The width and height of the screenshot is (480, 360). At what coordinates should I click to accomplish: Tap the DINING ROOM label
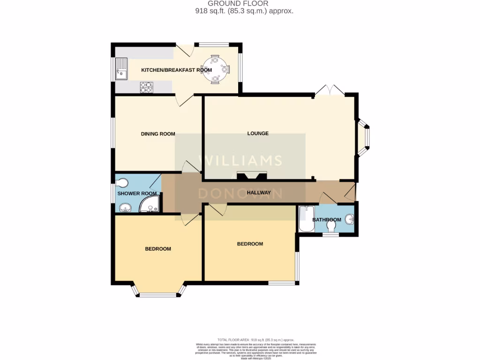click(158, 134)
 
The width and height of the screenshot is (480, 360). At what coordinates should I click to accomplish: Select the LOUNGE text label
click(258, 134)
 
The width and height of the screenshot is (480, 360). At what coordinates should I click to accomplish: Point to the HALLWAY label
click(259, 193)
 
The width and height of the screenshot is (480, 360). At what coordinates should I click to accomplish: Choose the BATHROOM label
click(327, 220)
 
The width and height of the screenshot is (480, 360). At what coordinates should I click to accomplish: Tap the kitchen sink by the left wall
click(121, 68)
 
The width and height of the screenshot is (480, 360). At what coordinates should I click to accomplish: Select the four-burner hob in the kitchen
click(146, 87)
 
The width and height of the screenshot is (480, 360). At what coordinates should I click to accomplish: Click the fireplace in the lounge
click(251, 176)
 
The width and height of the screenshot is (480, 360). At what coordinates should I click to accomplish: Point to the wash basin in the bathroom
click(349, 219)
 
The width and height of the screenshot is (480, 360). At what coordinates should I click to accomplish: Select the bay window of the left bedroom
click(158, 292)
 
